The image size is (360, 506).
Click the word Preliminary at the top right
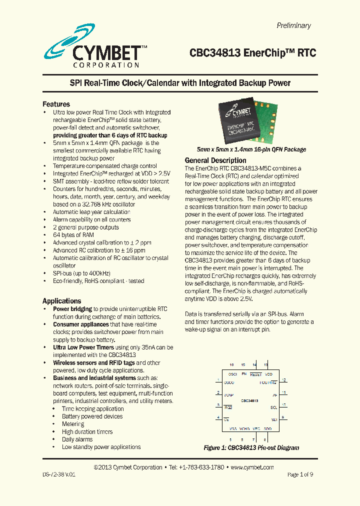click(293, 25)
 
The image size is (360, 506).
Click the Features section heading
click(56, 104)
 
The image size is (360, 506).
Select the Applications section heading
click(61, 301)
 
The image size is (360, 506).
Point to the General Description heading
click(215, 160)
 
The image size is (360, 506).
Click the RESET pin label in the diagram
click(255, 374)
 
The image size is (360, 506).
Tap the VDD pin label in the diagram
click(268, 374)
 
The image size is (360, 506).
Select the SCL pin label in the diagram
click(273, 407)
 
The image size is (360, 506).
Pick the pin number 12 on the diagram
click(283, 380)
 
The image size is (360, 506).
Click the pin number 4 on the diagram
click(218, 417)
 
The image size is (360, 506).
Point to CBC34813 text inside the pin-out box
click(249, 401)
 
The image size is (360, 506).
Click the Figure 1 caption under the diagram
click(251, 447)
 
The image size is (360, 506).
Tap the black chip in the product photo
click(242, 124)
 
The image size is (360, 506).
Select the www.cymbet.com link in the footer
click(252, 467)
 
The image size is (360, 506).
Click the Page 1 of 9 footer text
click(300, 474)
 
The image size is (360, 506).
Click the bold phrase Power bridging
click(72, 309)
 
